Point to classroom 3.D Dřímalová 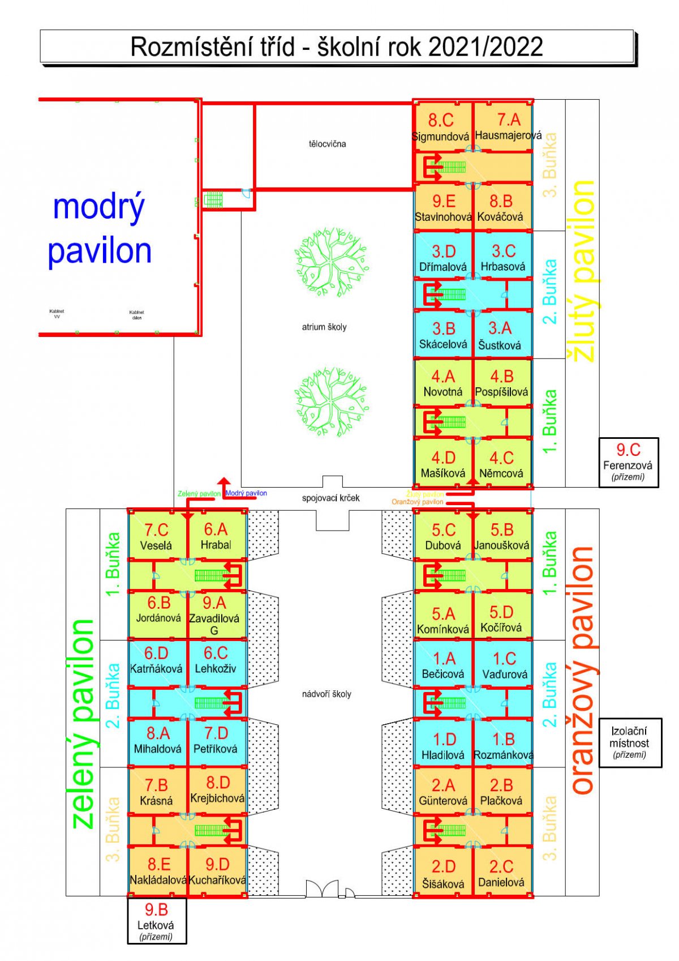click(443, 258)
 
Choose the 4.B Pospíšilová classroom click(502, 383)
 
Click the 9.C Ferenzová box click(629, 462)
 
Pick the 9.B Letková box click(157, 921)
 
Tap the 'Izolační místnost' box click(629, 742)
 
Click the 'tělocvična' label click(327, 144)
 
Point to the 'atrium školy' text click(324, 327)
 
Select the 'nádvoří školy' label click(326, 694)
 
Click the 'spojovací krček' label click(331, 498)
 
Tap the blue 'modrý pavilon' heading click(100, 229)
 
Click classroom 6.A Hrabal click(216, 536)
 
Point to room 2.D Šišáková click(443, 873)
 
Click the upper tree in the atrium click(332, 260)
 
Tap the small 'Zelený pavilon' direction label click(199, 494)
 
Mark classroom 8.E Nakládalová click(158, 871)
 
